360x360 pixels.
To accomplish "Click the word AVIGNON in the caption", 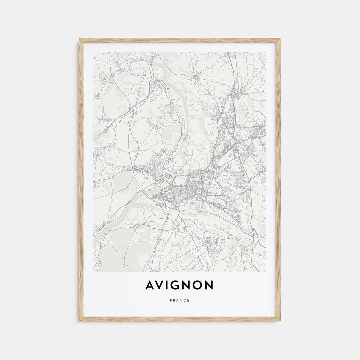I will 180,285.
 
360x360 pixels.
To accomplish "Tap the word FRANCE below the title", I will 180,300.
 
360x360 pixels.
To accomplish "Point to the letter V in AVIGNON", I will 161,285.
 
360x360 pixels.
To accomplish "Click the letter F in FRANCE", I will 171,300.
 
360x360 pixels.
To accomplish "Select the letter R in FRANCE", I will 174,300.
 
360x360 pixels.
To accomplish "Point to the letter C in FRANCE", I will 185,300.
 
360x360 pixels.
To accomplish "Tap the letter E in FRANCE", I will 189,300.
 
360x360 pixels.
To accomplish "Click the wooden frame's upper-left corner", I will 80,39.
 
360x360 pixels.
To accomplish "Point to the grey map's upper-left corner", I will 94,52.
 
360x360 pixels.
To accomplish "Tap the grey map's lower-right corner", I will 266,271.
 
